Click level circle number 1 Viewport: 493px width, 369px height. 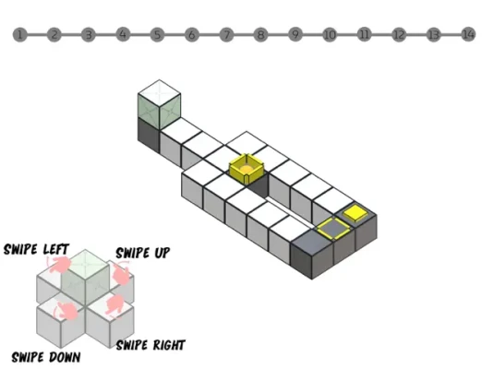pos(19,34)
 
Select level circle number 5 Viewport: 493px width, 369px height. pos(157,34)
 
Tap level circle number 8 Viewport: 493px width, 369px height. pos(260,34)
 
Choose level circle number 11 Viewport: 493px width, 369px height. pos(365,34)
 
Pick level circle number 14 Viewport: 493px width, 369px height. pos(468,34)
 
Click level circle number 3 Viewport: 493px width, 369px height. pos(89,34)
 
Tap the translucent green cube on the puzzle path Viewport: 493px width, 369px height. pos(159,104)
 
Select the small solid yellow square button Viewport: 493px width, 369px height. pos(355,213)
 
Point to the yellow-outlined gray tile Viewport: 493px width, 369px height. pos(333,228)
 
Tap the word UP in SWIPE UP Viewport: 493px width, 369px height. pos(161,253)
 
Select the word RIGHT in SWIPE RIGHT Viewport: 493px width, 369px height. pos(168,345)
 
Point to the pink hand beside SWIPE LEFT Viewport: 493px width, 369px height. pos(59,264)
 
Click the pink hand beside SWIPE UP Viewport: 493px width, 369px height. pos(122,274)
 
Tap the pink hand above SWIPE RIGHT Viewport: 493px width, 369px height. pos(114,304)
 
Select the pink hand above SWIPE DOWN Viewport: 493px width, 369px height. pos(67,311)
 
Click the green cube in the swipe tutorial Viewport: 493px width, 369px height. pos(85,277)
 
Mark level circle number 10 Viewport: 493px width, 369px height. pos(330,34)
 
